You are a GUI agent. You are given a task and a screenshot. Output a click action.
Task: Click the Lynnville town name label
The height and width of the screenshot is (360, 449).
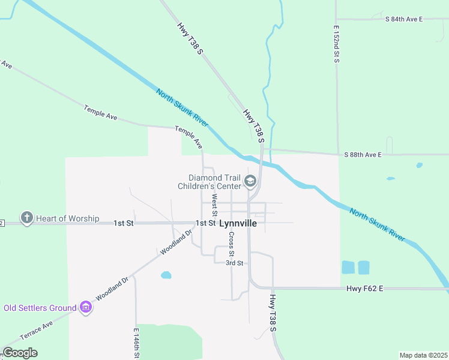(238, 223)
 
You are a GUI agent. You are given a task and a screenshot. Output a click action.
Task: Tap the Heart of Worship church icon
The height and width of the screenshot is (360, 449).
(26, 218)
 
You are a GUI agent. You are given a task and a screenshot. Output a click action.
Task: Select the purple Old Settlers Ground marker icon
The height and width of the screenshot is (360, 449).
(86, 308)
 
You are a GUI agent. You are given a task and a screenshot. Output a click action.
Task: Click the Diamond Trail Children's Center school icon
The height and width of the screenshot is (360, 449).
(250, 181)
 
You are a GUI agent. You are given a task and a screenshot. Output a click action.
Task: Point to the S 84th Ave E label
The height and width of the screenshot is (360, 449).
(403, 19)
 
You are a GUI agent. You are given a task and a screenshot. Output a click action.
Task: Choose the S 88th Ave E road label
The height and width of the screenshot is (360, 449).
(363, 155)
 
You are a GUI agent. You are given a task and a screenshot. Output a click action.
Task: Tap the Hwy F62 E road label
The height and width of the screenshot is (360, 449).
(364, 289)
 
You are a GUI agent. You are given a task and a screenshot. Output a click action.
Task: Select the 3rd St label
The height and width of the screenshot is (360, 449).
(234, 263)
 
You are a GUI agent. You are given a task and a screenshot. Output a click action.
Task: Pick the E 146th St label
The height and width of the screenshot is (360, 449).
(136, 344)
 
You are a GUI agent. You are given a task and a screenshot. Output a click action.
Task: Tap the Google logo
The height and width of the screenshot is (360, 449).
(20, 353)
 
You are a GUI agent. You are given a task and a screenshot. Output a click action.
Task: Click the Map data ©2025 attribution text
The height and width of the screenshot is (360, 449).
(423, 355)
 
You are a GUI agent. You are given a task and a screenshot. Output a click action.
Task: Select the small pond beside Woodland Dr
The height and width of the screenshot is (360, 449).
(166, 275)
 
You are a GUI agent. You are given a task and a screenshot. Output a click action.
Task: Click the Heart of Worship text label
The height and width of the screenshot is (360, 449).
(67, 218)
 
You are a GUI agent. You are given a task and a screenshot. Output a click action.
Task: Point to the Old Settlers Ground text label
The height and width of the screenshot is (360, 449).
(40, 308)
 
